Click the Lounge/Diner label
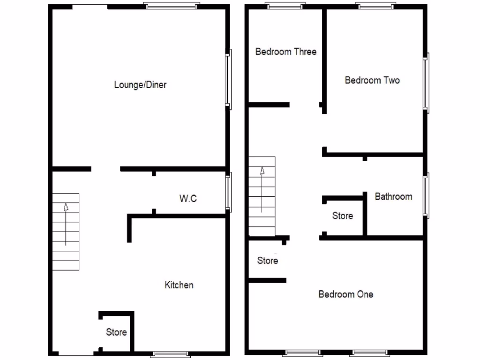140,85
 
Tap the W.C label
188,199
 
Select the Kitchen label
179,285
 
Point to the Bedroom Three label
285,52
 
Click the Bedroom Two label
372,80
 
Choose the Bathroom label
393,196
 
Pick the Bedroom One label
346,294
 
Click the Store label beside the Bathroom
342,216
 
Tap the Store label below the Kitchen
116,332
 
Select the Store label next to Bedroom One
268,261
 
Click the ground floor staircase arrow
66,224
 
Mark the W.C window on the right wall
228,192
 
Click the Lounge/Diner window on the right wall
228,79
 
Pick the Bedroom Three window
284,6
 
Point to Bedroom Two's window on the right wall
426,82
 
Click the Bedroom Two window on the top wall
375,6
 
